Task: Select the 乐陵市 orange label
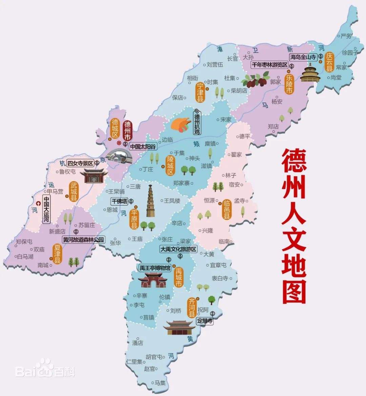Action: click(289, 84)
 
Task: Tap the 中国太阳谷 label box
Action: click(143, 147)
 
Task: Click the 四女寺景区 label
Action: click(80, 163)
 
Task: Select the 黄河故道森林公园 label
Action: click(83, 240)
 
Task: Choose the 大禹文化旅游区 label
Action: click(178, 249)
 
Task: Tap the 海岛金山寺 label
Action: click(303, 57)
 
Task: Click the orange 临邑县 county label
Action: click(227, 209)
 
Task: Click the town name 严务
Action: click(346, 36)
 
